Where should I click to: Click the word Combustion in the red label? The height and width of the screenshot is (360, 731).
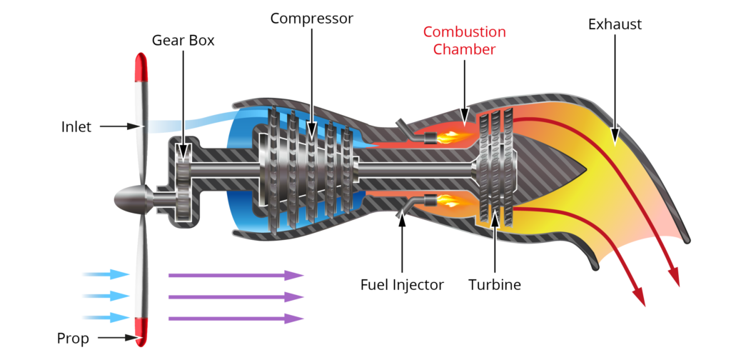pyautogui.click(x=464, y=32)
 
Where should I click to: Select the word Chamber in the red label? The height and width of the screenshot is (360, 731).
pyautogui.click(x=464, y=49)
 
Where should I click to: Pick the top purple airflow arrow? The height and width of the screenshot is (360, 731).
pyautogui.click(x=236, y=275)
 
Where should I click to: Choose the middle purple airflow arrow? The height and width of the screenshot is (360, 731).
pyautogui.click(x=236, y=296)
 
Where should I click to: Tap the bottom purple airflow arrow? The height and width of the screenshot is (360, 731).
pyautogui.click(x=236, y=318)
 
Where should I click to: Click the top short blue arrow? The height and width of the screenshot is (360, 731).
pyautogui.click(x=106, y=274)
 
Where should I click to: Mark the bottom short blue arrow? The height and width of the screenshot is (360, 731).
pyautogui.click(x=106, y=317)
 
